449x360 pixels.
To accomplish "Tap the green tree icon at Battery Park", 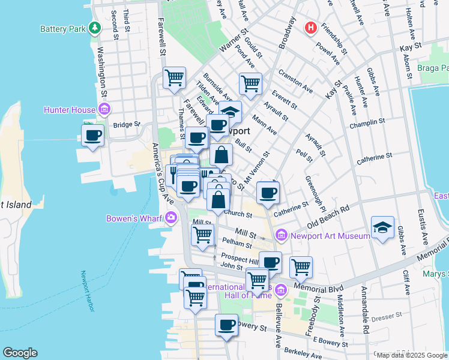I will (x=94, y=28).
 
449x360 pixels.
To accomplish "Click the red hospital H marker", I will (x=311, y=28).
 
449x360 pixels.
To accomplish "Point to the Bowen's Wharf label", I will (x=136, y=218).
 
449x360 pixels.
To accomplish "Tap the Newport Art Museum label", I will (x=330, y=236).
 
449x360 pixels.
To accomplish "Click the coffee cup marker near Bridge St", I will (x=93, y=136).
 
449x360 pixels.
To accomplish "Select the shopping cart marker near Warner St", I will (x=174, y=78).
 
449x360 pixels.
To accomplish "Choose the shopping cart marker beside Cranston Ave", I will (x=250, y=83).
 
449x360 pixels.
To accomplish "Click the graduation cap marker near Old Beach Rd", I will (x=382, y=227).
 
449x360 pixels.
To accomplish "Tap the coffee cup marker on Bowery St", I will (x=226, y=325).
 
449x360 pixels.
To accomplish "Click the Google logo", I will (x=20, y=353).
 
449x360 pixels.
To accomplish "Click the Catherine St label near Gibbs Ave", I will (x=373, y=158).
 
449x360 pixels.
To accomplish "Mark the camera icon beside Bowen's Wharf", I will (x=172, y=217).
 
